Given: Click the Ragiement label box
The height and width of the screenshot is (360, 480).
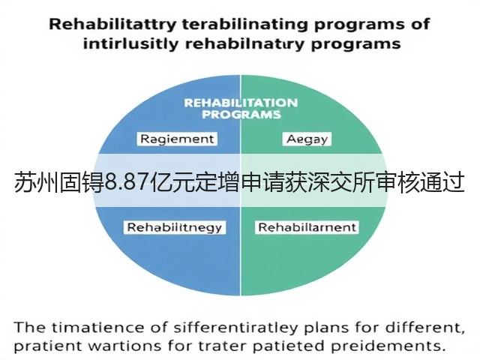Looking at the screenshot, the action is pos(177,139).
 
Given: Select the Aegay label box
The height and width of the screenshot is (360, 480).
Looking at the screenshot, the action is pos(307,139).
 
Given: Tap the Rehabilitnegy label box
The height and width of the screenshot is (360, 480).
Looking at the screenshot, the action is pos(175,227).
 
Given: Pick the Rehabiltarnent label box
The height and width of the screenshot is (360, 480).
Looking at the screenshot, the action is pos(307,227).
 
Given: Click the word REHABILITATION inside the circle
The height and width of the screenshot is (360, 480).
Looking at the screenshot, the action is pos(241,103).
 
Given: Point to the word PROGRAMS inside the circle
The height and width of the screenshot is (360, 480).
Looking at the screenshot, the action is pos(241,115).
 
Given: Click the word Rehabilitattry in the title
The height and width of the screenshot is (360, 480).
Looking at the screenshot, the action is pos(112,25).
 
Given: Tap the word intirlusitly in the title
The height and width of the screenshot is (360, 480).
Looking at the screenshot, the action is pos(130,43).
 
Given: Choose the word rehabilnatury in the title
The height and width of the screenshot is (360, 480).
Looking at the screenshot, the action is pos(245,44).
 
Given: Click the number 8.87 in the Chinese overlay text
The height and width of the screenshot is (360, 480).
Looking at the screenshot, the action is pos(130,183).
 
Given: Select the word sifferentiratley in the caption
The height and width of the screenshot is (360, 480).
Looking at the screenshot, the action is pos(235,328).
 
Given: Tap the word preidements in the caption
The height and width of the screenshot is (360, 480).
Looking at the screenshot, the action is pos(388,346).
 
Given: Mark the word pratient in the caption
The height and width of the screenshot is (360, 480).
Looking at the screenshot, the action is pos(48,346).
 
